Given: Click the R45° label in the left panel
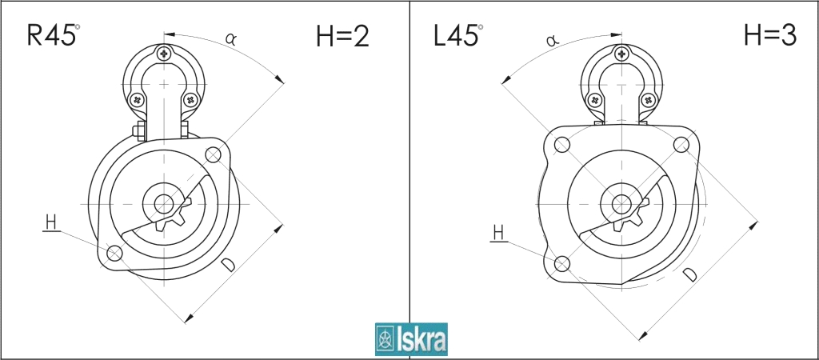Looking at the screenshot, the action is pyautogui.click(x=54, y=35).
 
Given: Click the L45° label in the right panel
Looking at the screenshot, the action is pyautogui.click(x=457, y=35).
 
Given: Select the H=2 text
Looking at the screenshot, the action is pyautogui.click(x=342, y=37).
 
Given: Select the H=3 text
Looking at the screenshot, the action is pyautogui.click(x=770, y=35).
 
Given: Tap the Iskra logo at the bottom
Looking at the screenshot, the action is pyautogui.click(x=411, y=339).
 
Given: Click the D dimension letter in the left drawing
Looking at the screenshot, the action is pyautogui.click(x=228, y=265).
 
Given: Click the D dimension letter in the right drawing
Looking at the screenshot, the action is pyautogui.click(x=690, y=274).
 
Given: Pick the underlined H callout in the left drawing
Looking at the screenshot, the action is pyautogui.click(x=51, y=223).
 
